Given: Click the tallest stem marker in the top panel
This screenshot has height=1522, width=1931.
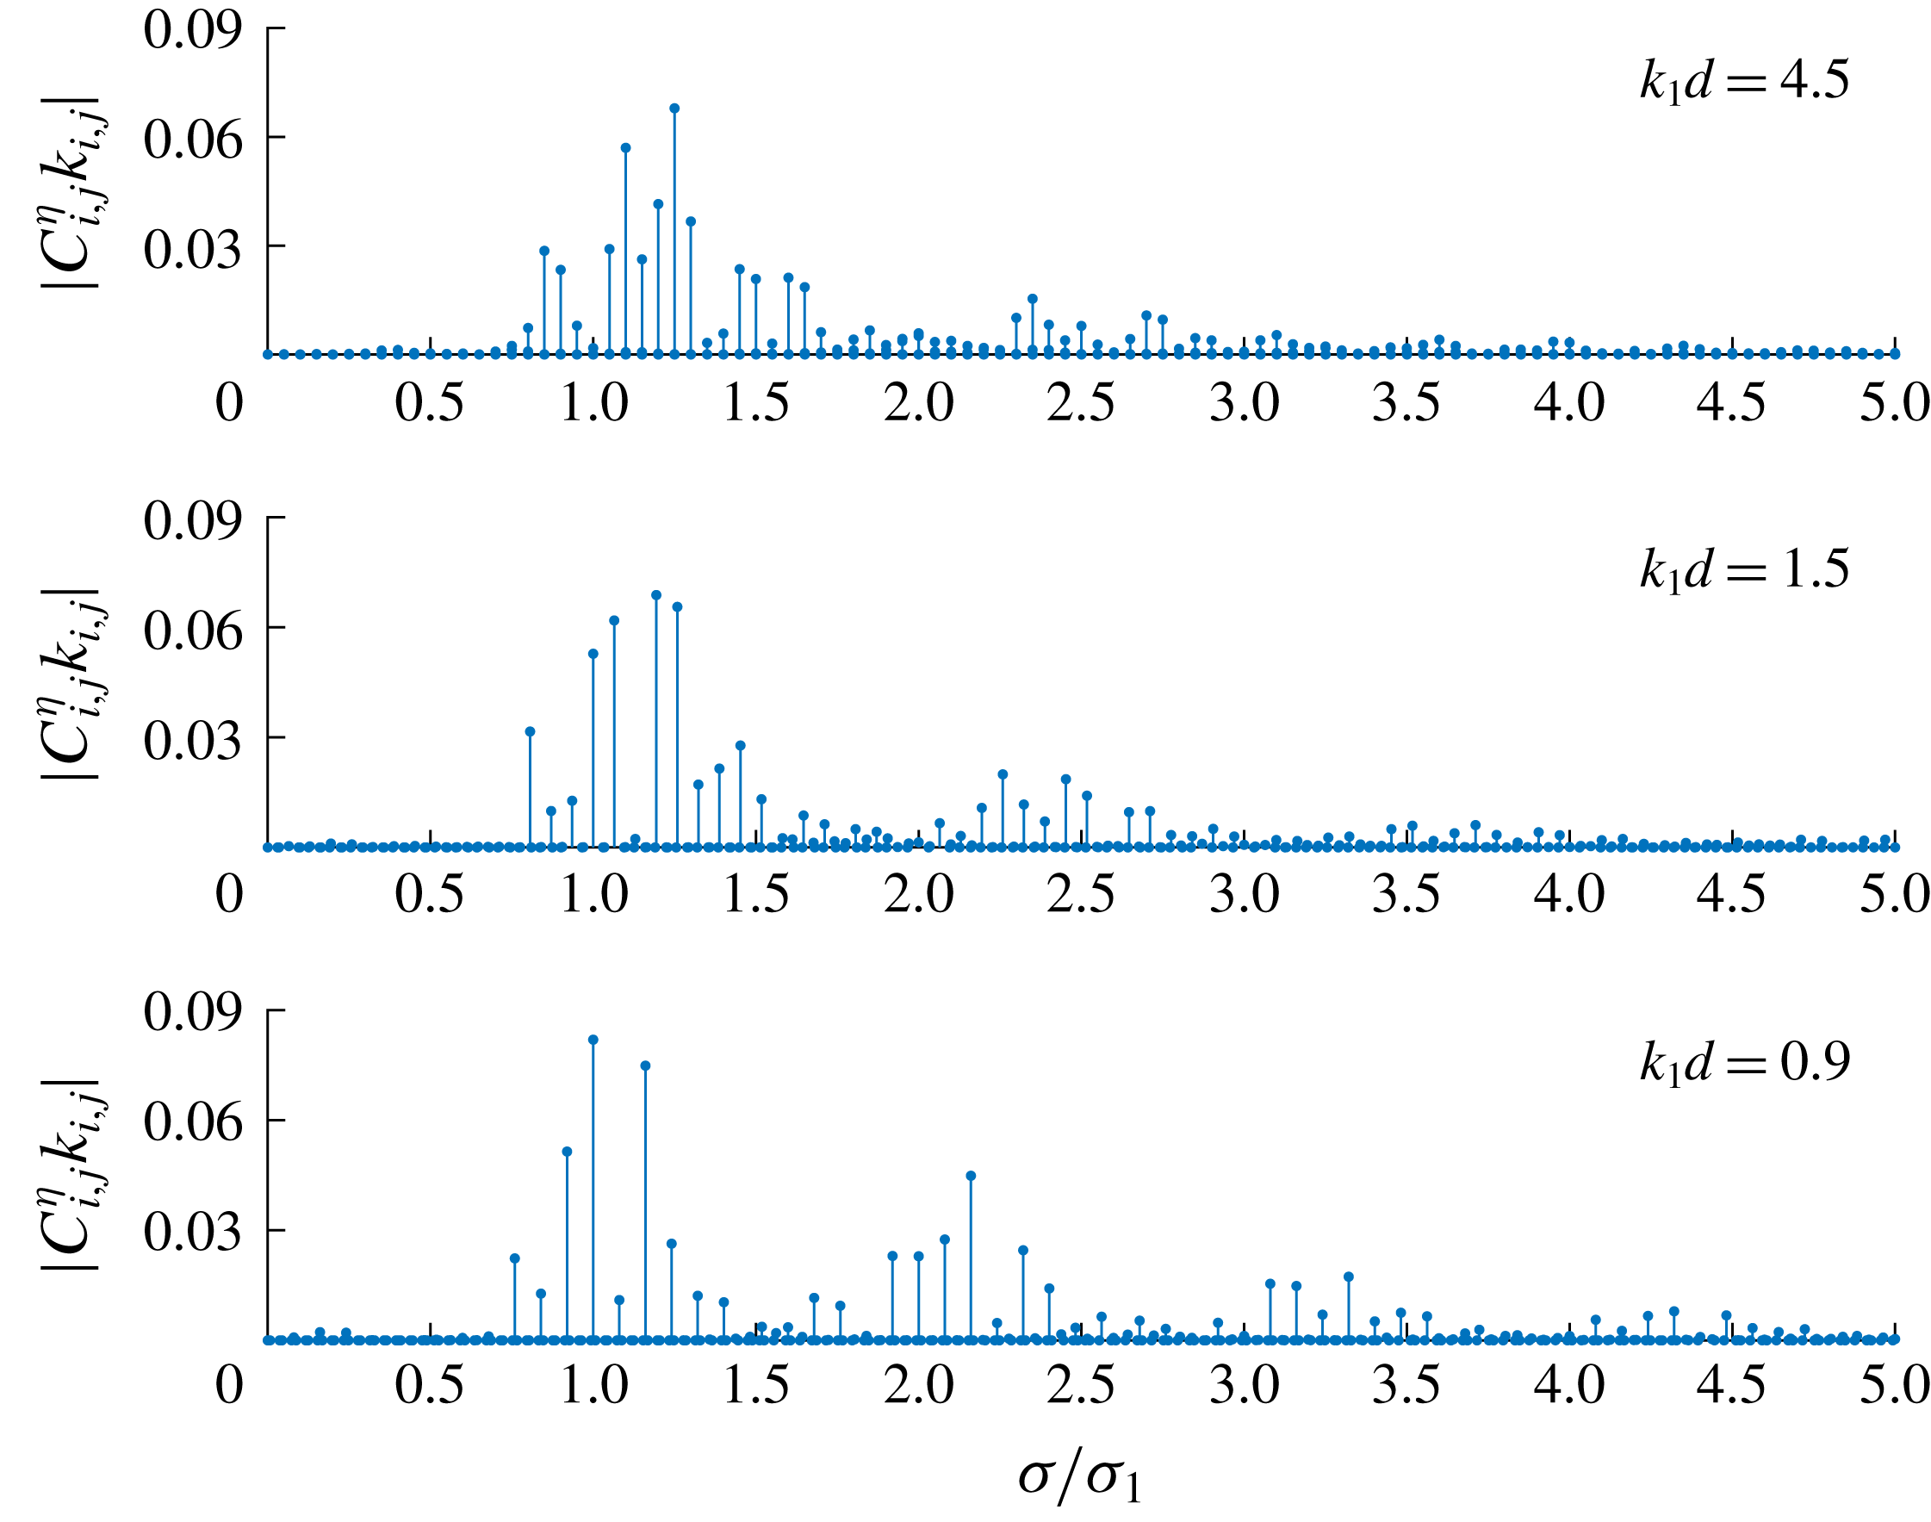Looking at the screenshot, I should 674,109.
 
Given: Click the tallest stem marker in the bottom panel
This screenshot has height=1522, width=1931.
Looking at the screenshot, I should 593,1040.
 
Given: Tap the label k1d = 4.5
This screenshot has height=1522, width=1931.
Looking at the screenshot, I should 1744,81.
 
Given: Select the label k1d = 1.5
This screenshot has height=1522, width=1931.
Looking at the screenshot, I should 1744,568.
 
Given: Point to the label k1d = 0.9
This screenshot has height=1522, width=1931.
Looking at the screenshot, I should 1744,1061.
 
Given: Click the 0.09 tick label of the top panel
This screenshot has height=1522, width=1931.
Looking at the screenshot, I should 192,29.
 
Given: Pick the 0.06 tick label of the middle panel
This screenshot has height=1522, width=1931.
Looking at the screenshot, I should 192,630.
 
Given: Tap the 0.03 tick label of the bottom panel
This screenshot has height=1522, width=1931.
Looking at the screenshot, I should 192,1231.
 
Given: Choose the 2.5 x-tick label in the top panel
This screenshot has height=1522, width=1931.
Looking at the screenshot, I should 1080,403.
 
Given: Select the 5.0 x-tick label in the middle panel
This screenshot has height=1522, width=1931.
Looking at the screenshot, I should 1894,894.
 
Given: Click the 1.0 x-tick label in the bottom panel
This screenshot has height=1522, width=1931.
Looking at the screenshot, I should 593,1386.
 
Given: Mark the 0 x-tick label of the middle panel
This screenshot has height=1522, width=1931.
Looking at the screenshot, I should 229,894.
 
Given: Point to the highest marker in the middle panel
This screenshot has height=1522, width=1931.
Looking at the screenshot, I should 655,595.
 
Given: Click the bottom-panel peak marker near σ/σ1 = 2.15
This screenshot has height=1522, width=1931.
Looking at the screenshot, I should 971,1177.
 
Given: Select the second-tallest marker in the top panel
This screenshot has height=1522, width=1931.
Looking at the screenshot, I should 625,148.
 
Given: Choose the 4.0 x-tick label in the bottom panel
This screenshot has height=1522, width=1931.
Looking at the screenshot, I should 1568,1386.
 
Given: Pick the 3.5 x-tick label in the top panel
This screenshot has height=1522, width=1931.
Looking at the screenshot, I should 1406,403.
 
